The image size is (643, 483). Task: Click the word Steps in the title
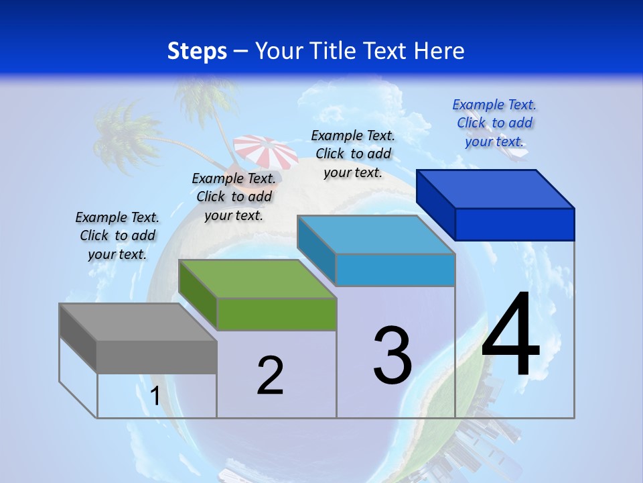pyautogui.click(x=197, y=51)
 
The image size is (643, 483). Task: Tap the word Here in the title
pyautogui.click(x=438, y=51)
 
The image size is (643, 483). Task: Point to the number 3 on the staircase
pyautogui.click(x=392, y=355)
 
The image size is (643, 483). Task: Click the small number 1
pyautogui.click(x=155, y=396)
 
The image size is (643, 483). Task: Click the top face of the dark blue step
pyautogui.click(x=496, y=189)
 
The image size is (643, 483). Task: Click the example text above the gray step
pyautogui.click(x=117, y=235)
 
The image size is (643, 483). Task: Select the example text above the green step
pyautogui.click(x=234, y=197)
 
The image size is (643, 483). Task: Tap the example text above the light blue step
pyautogui.click(x=353, y=154)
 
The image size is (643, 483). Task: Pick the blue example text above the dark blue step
pyautogui.click(x=494, y=123)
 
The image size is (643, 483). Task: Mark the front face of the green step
pyautogui.click(x=277, y=314)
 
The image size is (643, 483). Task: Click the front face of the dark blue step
pyautogui.click(x=514, y=224)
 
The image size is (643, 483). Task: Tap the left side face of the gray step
pyautogui.click(x=78, y=338)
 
